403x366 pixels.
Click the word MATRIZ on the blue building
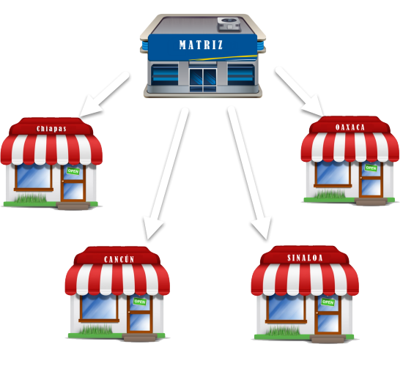[x=201, y=45]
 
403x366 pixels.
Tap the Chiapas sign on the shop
[x=51, y=128]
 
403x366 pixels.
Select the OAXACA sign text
[x=350, y=127]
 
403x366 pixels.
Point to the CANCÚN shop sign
[x=119, y=259]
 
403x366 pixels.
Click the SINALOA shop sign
[x=305, y=258]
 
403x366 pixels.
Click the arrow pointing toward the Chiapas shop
[x=103, y=94]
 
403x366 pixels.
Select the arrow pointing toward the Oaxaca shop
[x=300, y=91]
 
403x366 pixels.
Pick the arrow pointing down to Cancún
[x=166, y=174]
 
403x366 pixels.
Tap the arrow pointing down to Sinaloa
[x=249, y=173]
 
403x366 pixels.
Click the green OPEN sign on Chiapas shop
[x=73, y=171]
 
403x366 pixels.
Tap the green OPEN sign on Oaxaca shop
[x=371, y=168]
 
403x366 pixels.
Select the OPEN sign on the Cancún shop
[x=140, y=302]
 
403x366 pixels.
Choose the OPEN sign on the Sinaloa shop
[x=328, y=302]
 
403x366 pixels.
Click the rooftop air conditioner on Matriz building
[x=229, y=24]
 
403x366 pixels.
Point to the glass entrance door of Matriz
[x=203, y=80]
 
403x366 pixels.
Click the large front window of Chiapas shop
[x=34, y=177]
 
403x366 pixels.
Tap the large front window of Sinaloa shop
[x=286, y=308]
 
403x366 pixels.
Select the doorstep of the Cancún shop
[x=139, y=337]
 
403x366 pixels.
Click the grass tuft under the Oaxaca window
[x=330, y=195]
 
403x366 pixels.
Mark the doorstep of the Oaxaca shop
[x=371, y=201]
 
